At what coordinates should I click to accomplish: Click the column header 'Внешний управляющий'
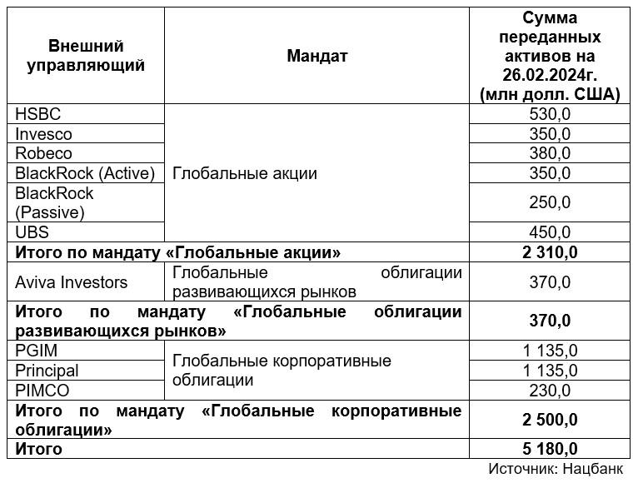[86, 56]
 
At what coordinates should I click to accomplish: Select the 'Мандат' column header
[317, 56]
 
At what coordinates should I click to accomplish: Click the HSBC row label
[38, 114]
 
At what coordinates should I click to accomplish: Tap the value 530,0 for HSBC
[551, 114]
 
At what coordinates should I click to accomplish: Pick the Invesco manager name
[44, 134]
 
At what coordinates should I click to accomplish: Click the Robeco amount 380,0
[551, 154]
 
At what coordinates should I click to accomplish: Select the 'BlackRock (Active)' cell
[86, 173]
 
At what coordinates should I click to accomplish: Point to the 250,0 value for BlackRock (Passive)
[551, 202]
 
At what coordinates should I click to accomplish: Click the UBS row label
[32, 232]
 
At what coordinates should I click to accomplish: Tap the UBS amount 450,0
[551, 232]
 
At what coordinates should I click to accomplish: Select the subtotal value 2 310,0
[551, 251]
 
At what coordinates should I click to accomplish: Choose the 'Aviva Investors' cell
[72, 282]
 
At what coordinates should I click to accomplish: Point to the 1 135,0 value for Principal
[551, 371]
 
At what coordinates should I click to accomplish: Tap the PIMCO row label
[41, 390]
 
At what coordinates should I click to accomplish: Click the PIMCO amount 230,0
[551, 390]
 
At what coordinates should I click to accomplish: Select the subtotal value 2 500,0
[551, 420]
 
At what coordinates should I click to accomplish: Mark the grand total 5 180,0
[551, 450]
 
